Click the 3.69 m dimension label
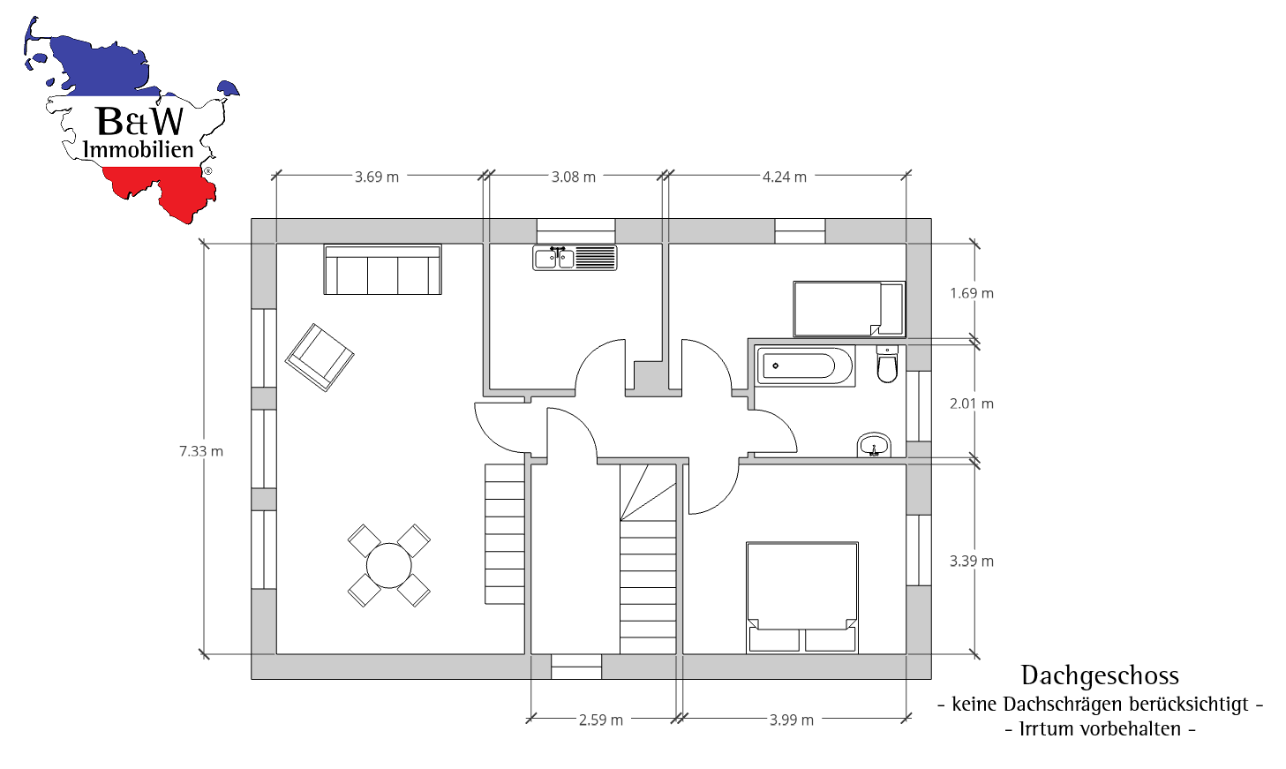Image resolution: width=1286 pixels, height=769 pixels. tap(377, 177)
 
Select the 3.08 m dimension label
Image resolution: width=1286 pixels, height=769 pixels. tap(574, 177)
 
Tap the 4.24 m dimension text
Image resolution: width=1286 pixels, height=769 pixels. tap(785, 177)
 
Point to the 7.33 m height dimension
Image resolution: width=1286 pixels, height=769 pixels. tap(201, 451)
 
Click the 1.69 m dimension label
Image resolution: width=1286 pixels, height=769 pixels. tap(972, 293)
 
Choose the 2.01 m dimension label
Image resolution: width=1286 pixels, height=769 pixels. tap(972, 403)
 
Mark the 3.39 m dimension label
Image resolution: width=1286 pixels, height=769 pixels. tap(972, 561)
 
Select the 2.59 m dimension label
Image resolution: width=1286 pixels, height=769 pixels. tap(601, 720)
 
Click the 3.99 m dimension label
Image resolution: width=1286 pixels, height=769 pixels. tap(792, 720)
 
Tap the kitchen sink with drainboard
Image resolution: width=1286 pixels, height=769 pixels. tap(575, 257)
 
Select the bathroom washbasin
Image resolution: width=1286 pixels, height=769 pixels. tap(874, 446)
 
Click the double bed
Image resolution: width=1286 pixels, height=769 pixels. tap(801, 597)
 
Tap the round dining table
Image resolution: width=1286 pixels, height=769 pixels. tap(388, 565)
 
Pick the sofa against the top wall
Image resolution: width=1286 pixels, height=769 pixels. tap(382, 269)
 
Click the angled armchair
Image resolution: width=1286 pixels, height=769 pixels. tap(320, 357)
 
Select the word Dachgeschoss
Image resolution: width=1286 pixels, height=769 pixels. tap(1100, 675)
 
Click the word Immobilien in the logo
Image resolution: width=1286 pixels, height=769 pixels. tap(138, 149)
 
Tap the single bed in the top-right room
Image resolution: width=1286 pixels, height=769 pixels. tap(848, 309)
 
